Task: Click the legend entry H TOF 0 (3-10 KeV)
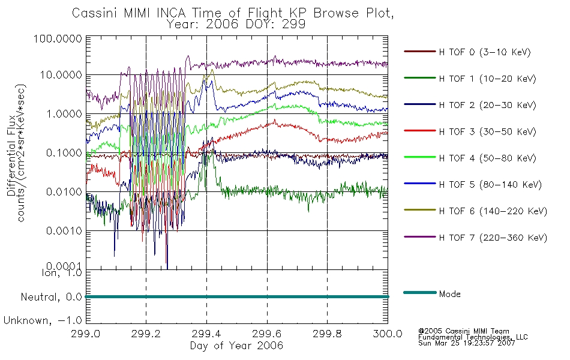(485, 52)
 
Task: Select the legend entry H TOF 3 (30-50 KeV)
(487, 131)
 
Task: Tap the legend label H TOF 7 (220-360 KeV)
(493, 238)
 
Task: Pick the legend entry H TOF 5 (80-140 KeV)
(490, 185)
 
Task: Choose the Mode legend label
(449, 294)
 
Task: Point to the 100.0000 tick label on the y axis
(58, 38)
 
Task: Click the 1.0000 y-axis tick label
(64, 114)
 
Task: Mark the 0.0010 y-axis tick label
(64, 231)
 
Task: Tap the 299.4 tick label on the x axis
(206, 334)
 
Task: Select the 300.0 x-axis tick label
(388, 334)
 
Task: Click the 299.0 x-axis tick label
(85, 334)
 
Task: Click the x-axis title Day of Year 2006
(236, 346)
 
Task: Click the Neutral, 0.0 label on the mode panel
(51, 298)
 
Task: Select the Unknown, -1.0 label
(43, 321)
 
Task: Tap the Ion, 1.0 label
(62, 273)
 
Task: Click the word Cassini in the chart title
(95, 13)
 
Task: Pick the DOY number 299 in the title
(295, 25)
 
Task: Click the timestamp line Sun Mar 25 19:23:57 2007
(467, 343)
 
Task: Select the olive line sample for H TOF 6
(420, 210)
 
